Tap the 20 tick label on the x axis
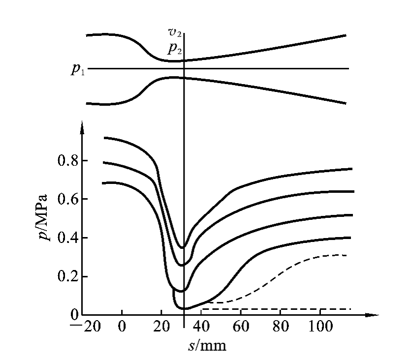(161, 327)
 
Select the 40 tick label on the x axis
(201, 327)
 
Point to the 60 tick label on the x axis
(241, 327)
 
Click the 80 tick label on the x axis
(281, 327)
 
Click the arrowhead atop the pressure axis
(83, 127)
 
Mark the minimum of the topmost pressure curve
(183, 247)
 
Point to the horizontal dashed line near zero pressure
(276, 309)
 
